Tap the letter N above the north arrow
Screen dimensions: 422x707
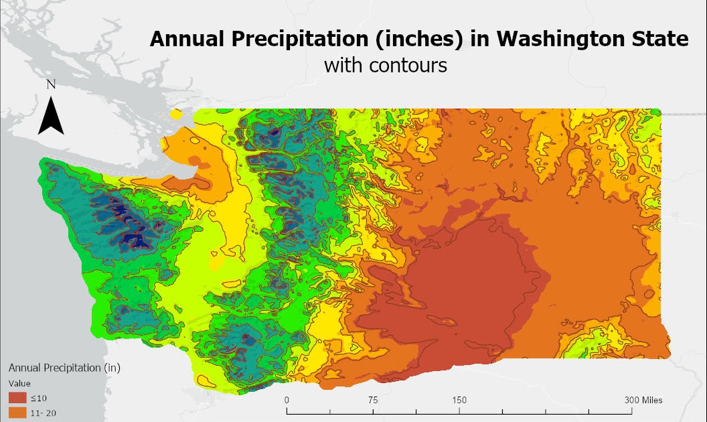tap(51, 84)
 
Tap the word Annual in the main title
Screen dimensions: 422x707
tap(183, 40)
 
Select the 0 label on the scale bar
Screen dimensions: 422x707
tap(287, 400)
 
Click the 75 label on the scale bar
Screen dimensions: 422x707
tap(373, 400)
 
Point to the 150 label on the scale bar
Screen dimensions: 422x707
tap(459, 400)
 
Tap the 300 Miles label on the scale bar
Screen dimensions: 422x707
tap(643, 400)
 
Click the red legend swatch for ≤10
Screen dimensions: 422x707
tap(17, 399)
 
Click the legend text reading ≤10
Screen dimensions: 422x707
tap(38, 399)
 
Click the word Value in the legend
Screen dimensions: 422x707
tap(19, 384)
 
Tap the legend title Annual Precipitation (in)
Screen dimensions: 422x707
tap(64, 368)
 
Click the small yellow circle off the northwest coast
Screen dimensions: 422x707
tap(177, 115)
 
